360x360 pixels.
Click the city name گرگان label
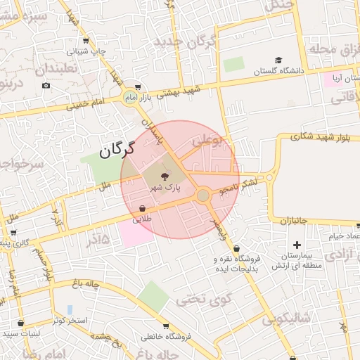[x=115, y=150]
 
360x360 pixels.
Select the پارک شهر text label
[x=164, y=188]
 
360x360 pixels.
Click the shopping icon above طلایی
[x=143, y=209]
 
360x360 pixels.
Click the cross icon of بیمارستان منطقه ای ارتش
[x=297, y=245]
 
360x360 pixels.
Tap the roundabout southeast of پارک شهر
[x=203, y=195]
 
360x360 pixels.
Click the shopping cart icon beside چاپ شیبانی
[x=86, y=41]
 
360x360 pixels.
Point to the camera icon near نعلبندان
[x=46, y=86]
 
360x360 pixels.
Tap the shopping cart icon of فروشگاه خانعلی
[x=166, y=326]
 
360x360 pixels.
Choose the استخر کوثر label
[x=69, y=321]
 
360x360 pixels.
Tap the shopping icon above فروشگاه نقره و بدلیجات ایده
[x=236, y=248]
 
